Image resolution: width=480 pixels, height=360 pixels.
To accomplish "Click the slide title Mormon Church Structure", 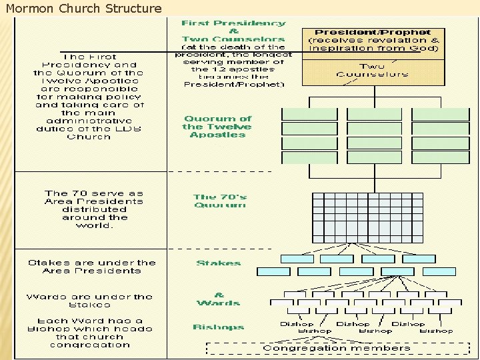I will pyautogui.click(x=83, y=9).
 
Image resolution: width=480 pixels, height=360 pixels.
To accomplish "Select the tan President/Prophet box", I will pyautogui.click(x=373, y=56).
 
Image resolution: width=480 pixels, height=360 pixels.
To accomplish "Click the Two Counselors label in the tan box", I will pyautogui.click(x=373, y=70).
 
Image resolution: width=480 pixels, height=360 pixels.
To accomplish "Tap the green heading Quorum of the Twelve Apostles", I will pyautogui.click(x=217, y=127).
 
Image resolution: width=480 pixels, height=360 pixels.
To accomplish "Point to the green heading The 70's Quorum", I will pyautogui.click(x=220, y=201).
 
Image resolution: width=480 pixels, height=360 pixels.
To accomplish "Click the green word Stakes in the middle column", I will pyautogui.click(x=219, y=263).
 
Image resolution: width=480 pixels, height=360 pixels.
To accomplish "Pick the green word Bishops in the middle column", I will pyautogui.click(x=219, y=327).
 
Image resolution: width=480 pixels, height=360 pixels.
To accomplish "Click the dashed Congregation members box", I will pyautogui.click(x=337, y=348).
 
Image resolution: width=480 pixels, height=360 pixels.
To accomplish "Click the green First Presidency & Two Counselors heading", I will pyautogui.click(x=233, y=31).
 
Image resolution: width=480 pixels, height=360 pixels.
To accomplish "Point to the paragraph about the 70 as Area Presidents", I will pyautogui.click(x=94, y=209).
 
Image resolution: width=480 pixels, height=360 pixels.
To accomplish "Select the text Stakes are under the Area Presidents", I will pyautogui.click(x=92, y=267).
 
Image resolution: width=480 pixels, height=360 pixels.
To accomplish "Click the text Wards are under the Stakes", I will pyautogui.click(x=89, y=301).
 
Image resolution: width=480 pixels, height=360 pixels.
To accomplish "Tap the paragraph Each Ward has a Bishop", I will pyautogui.click(x=90, y=333).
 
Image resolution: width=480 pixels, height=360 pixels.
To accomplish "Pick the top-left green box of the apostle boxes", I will pyautogui.click(x=309, y=113).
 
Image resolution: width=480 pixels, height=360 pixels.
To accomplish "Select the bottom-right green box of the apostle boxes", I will pyautogui.click(x=440, y=158).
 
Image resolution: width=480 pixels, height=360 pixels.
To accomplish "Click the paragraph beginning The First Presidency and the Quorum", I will pyautogui.click(x=89, y=97).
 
